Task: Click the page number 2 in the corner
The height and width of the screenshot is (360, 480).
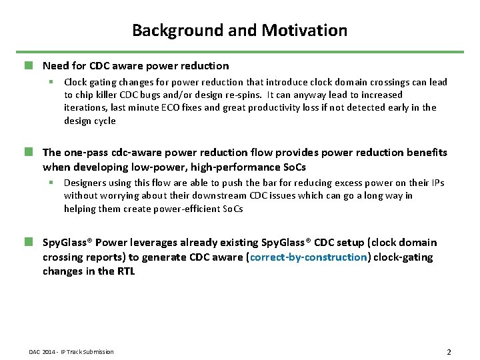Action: click(449, 351)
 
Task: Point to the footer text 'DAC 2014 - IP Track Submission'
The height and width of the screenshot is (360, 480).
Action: click(71, 352)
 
